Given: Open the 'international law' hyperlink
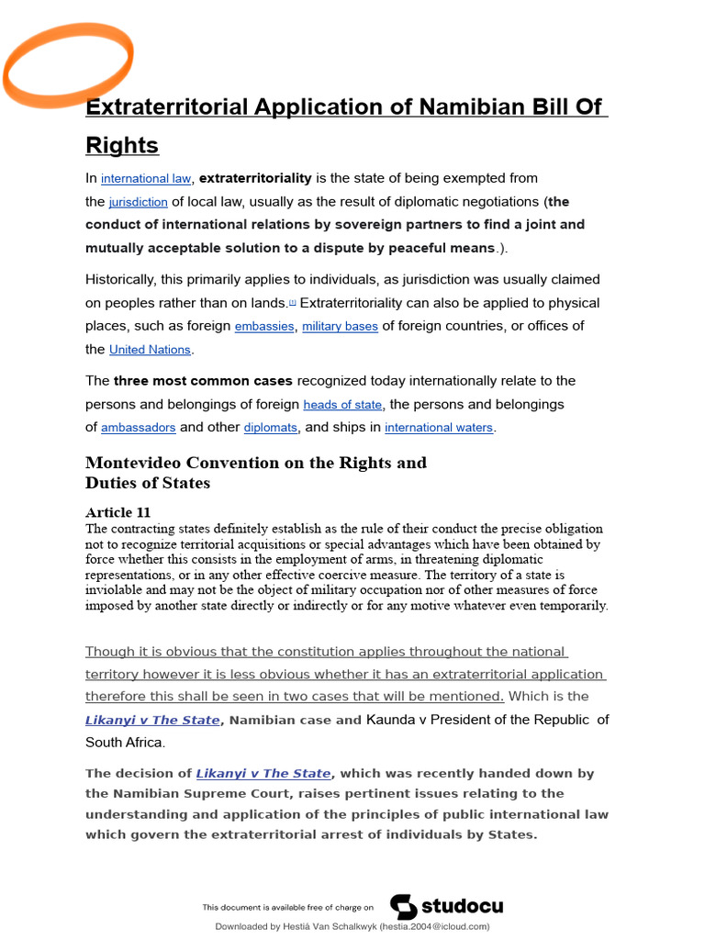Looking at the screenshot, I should pos(146,179).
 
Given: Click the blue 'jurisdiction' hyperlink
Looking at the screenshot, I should pos(138,202).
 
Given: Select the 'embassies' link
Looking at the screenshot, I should pos(264,327).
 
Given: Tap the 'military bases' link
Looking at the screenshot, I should pos(340,327).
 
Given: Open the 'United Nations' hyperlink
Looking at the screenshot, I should pos(150,350).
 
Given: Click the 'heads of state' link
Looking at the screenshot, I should pos(343,405).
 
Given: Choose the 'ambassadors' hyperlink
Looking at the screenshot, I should pos(138,428).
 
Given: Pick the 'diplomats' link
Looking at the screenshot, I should pos(271,428).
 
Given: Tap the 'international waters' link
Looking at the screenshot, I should pos(439,428).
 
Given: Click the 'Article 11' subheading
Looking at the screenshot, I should pos(117,512).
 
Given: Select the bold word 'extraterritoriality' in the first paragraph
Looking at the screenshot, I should pos(255,178).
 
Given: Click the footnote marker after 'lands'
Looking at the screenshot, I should pos(293,301).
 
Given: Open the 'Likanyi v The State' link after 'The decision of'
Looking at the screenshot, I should pos(263,774).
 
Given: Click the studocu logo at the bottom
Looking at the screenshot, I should pos(447,907).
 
